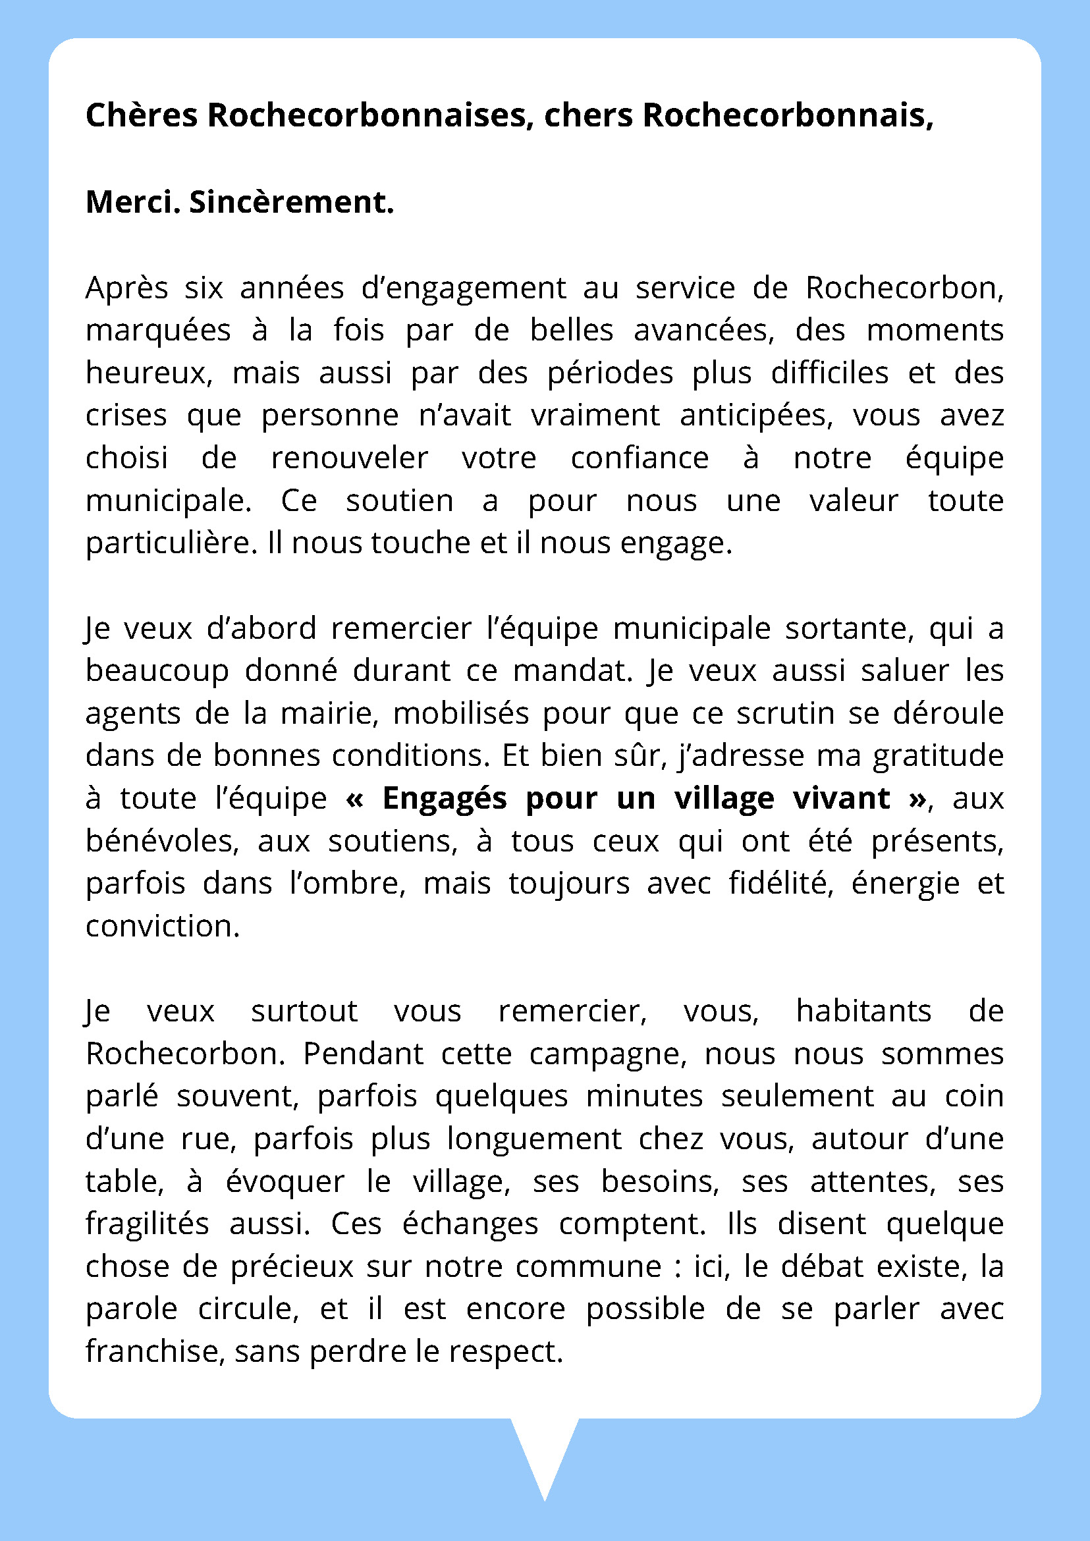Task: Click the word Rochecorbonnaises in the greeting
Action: pos(366,115)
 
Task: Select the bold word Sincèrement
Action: pos(291,202)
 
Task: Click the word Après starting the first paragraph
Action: pos(127,288)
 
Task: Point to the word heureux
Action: pos(148,373)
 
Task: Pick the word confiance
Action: pos(639,458)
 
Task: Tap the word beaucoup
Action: pos(157,670)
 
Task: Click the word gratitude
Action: pos(938,757)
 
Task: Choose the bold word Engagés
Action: pos(445,799)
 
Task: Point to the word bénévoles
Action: pos(162,841)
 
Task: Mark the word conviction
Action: pos(162,926)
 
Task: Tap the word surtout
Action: pos(304,1012)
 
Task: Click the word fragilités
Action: pos(147,1224)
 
